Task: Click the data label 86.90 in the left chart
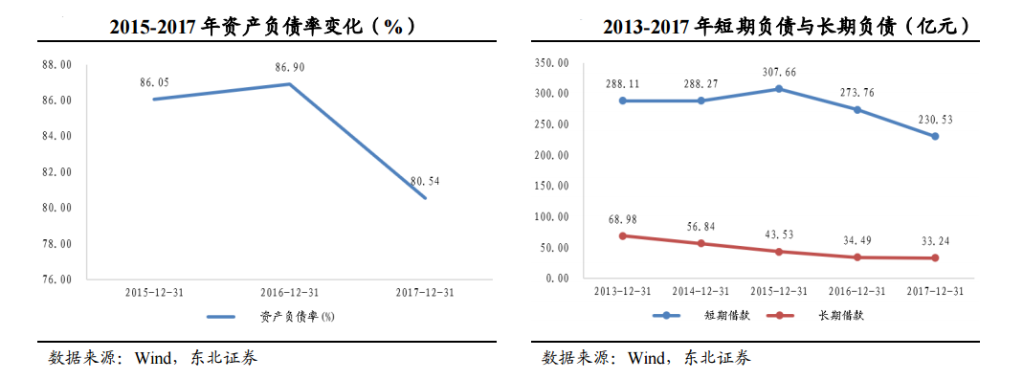289,67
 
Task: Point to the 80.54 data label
425,180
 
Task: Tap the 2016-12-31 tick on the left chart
289,293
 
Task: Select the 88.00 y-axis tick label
56,64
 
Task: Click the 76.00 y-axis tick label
56,279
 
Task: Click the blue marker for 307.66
779,89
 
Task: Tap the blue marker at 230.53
935,136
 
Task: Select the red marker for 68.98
623,235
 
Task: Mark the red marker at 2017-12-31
935,258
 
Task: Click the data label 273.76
857,93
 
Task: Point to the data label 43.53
779,235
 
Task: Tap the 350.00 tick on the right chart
550,63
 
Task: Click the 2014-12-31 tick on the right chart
701,291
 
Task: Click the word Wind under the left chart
153,358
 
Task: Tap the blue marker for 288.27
701,101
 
